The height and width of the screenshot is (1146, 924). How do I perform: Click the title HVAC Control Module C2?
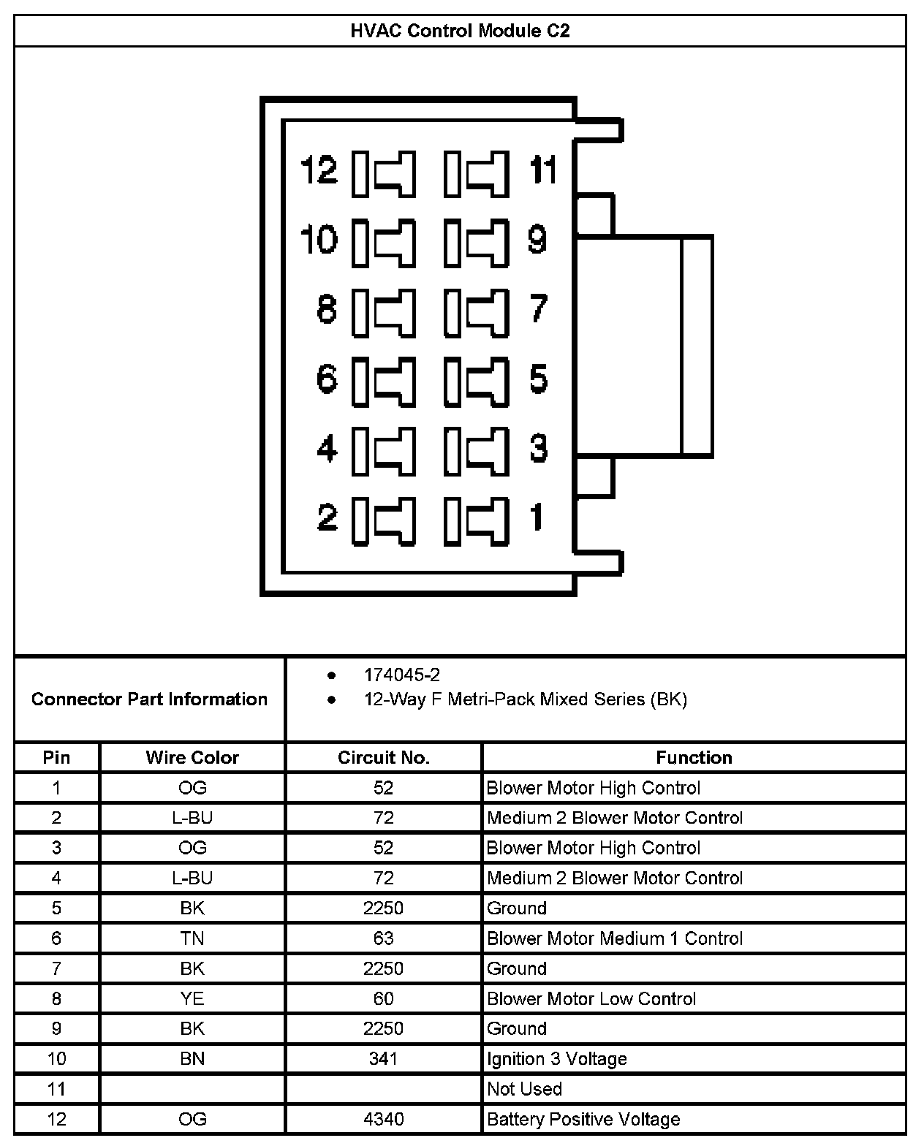[x=460, y=31]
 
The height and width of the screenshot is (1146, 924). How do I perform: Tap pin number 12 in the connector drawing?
[x=319, y=170]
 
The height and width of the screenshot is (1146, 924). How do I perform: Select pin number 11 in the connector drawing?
[x=543, y=170]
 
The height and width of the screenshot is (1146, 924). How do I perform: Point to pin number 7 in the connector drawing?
[x=539, y=308]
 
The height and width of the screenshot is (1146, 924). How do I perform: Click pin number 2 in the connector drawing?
[x=327, y=517]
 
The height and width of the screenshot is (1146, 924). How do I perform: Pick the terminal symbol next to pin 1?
[x=477, y=520]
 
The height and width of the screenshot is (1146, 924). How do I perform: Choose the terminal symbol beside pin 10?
[x=385, y=242]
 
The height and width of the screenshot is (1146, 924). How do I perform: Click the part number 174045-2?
[x=402, y=675]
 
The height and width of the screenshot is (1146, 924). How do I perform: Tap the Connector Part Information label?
[x=149, y=699]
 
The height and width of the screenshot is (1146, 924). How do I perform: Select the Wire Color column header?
[x=192, y=758]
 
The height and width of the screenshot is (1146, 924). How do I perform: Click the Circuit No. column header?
[x=383, y=758]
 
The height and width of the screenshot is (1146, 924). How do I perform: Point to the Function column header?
[x=694, y=758]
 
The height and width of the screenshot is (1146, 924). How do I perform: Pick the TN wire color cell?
[x=192, y=938]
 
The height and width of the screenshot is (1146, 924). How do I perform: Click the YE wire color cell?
[x=192, y=999]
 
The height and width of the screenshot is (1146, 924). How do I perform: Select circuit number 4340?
[x=383, y=1119]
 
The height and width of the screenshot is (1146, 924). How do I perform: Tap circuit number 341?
[x=383, y=1059]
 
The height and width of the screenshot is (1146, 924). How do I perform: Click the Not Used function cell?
[x=524, y=1089]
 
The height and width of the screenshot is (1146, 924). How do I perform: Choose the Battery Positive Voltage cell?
[x=583, y=1119]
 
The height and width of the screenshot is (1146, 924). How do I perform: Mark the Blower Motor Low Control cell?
[x=591, y=999]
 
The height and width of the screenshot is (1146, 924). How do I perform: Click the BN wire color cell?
[x=192, y=1059]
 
